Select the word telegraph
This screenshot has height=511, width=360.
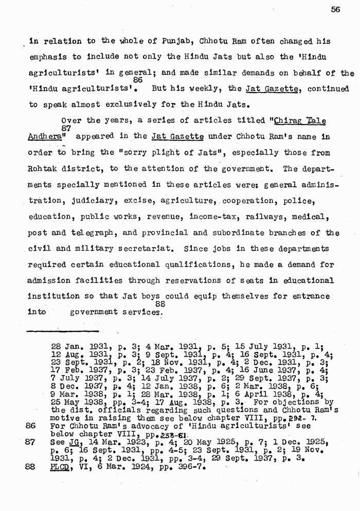click(94, 233)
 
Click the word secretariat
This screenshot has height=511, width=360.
click(138, 249)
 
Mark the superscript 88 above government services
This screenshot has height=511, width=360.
click(160, 304)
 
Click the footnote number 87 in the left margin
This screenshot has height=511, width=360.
click(29, 442)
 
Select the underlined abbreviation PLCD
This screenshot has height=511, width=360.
click(60, 468)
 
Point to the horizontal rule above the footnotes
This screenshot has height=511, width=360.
click(62, 330)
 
